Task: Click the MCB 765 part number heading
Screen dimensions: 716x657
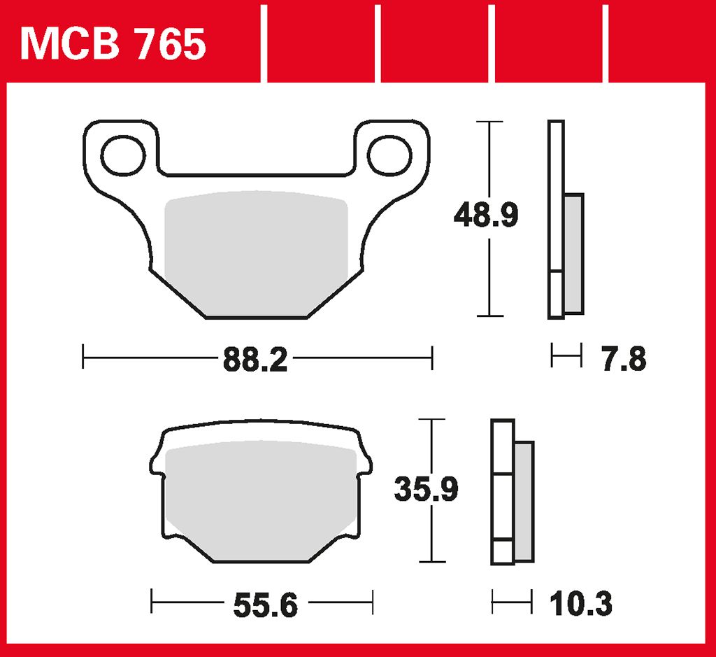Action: point(113,44)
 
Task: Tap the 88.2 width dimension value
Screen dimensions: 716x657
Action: point(255,360)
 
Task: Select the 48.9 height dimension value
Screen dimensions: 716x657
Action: point(486,216)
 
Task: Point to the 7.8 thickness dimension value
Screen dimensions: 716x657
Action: point(624,359)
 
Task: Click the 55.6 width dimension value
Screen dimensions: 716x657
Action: point(265,605)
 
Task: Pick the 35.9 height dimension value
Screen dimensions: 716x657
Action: point(426,489)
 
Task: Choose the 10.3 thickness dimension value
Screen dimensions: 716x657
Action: point(580,603)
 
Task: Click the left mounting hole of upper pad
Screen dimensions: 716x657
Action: point(123,155)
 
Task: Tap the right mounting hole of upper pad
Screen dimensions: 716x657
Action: point(389,155)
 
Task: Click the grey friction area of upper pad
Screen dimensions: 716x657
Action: point(256,253)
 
